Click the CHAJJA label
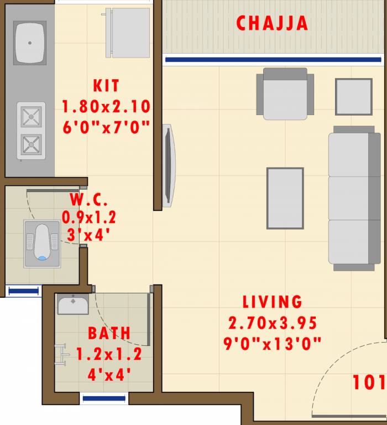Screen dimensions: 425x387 click(272, 23)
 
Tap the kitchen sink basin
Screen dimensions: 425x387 click(30, 43)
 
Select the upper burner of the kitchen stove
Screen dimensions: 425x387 click(30, 117)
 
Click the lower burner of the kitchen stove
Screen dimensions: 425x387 click(30, 145)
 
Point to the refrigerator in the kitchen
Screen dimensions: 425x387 click(128, 33)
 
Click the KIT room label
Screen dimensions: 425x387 click(106, 86)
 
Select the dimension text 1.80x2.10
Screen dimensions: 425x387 click(106, 107)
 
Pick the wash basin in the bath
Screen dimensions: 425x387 click(72, 304)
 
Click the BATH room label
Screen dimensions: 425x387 click(109, 333)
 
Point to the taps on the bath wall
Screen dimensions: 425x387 click(61, 355)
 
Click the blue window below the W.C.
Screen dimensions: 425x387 click(23, 291)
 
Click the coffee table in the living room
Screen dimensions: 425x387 click(285, 198)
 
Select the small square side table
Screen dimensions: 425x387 click(353, 97)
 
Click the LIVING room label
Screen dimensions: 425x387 click(273, 302)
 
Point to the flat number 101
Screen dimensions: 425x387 click(368, 382)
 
